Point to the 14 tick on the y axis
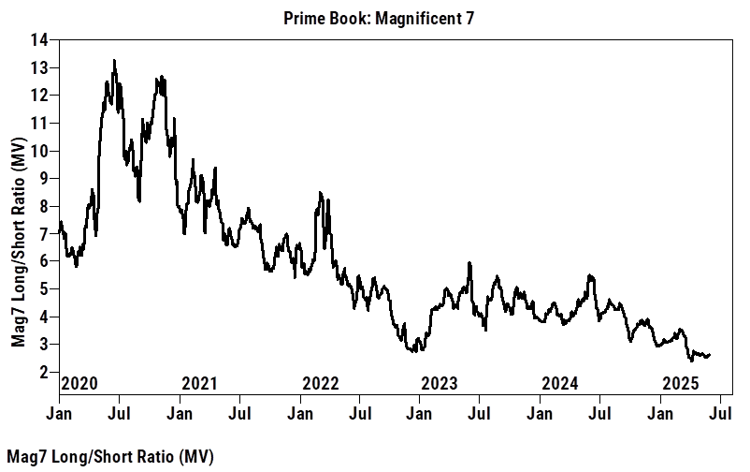coord(41,40)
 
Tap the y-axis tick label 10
coord(41,151)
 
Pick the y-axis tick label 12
coord(41,96)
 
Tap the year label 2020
coord(79,383)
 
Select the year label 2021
coord(199,383)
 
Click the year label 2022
coord(320,383)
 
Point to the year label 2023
coord(439,383)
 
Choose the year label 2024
coord(559,383)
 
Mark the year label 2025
coord(680,383)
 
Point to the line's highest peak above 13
coord(114,61)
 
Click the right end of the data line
coord(711,355)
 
